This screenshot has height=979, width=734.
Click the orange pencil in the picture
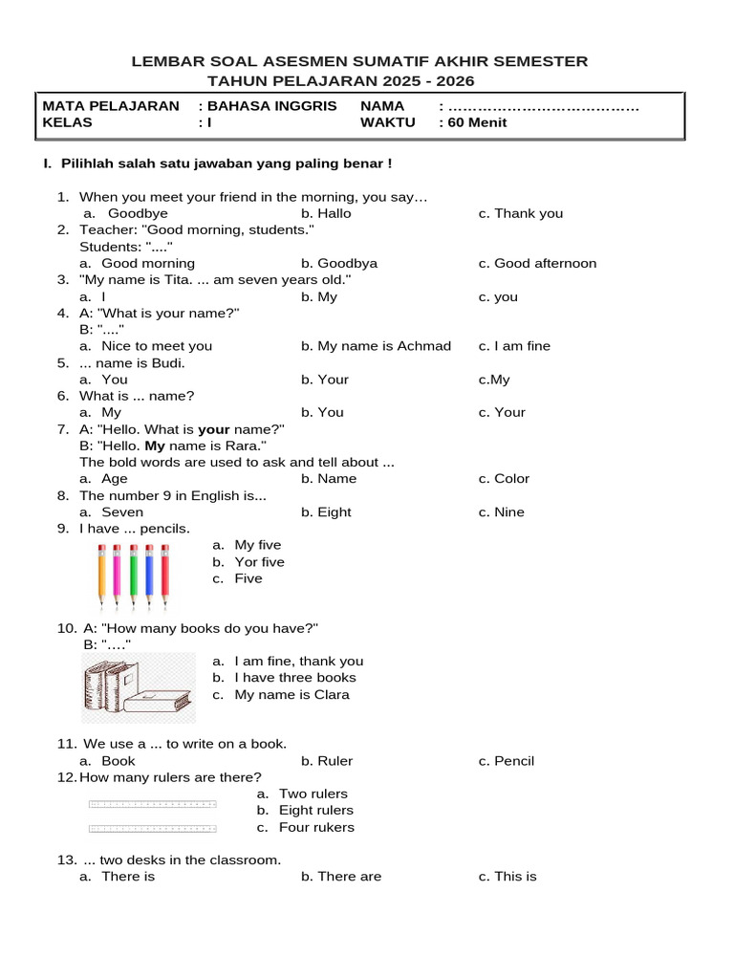tap(101, 576)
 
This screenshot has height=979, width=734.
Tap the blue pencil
tap(148, 576)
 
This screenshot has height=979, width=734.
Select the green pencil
tap(133, 576)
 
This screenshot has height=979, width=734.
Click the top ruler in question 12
tap(152, 804)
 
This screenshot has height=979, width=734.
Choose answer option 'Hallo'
tap(326, 213)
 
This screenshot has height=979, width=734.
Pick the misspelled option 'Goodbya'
tap(339, 263)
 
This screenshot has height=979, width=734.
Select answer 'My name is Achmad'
tap(376, 346)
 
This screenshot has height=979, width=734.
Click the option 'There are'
tap(341, 877)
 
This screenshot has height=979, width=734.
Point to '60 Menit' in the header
tap(476, 122)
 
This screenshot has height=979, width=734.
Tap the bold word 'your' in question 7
tap(214, 430)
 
